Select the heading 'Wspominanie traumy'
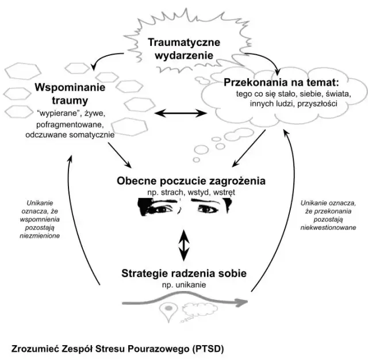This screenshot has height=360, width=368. tap(70, 94)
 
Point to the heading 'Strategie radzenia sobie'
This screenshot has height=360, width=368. tap(183, 274)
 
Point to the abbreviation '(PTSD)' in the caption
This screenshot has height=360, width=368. tap(208, 348)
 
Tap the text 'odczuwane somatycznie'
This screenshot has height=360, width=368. tap(70, 134)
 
